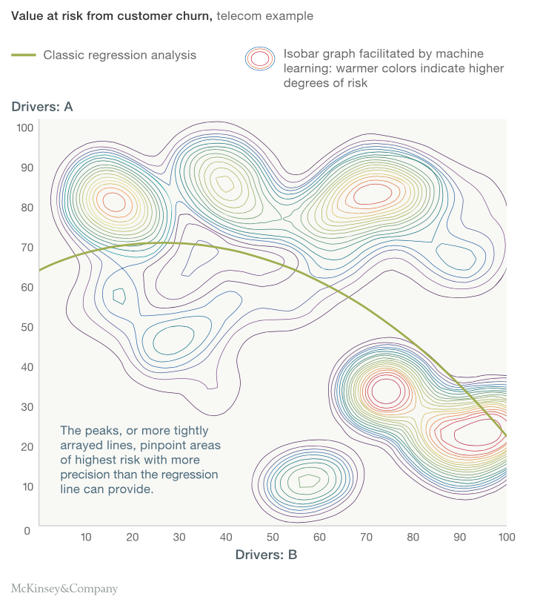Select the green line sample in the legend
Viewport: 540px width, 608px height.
click(24, 55)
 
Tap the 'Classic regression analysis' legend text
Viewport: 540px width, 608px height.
click(120, 55)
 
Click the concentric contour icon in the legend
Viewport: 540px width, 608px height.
click(259, 59)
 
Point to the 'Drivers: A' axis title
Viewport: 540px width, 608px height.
click(42, 107)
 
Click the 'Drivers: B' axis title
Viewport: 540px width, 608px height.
click(266, 554)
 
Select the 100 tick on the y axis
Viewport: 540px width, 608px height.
click(25, 128)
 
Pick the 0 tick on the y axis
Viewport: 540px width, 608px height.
click(27, 531)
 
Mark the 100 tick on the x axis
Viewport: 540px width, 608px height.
click(506, 537)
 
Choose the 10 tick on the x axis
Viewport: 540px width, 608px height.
click(85, 537)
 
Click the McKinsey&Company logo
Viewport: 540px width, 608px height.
click(64, 589)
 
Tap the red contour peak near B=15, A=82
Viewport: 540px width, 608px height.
click(113, 201)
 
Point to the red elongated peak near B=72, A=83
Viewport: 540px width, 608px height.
click(373, 195)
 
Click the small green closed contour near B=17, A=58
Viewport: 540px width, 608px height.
click(119, 296)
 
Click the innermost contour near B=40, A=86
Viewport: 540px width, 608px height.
click(222, 181)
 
